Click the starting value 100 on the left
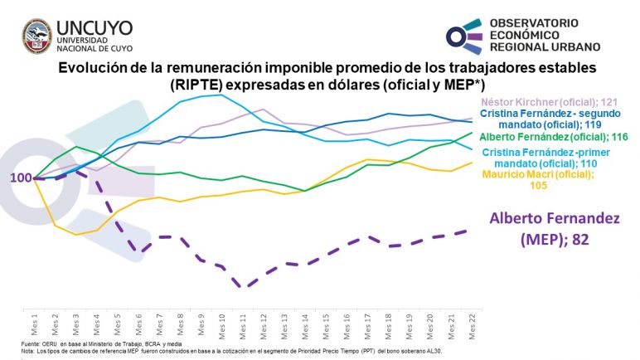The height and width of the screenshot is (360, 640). click(21, 178)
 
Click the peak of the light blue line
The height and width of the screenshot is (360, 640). click(221, 95)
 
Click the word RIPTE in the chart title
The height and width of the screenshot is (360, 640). click(199, 84)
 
